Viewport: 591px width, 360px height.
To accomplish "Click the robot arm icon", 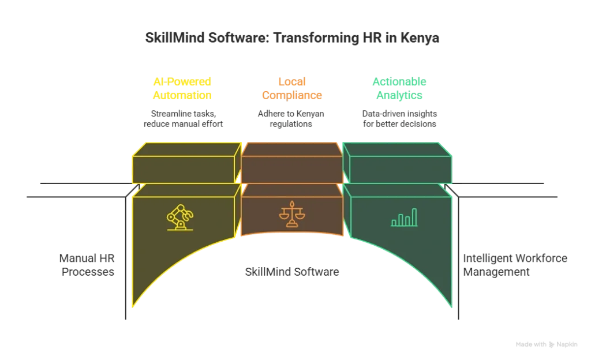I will coord(179,217).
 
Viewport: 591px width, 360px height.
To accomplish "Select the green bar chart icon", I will coord(404,217).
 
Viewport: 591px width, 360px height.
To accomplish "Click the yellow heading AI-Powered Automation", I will coord(182,88).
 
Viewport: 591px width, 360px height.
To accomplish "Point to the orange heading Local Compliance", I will coord(291,88).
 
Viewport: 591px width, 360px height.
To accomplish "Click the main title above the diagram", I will coord(293,38).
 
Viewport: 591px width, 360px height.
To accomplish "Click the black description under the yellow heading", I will coord(184,118).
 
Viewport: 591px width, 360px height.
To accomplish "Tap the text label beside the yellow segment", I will coord(85,264).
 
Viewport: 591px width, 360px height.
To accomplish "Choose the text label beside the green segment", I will coord(513,264).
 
